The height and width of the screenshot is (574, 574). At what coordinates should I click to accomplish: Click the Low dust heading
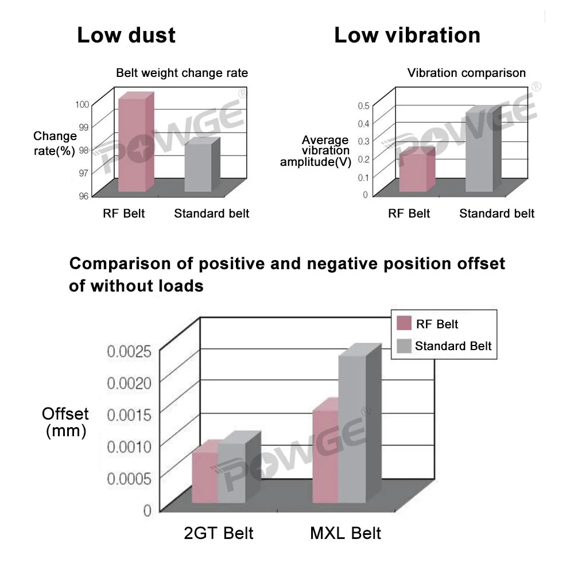coord(126,36)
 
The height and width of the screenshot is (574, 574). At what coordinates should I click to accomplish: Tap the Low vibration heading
coord(407,36)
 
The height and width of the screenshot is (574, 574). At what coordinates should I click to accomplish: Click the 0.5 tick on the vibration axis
coord(363,106)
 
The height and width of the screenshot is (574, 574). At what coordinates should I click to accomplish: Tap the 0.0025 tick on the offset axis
coord(129,351)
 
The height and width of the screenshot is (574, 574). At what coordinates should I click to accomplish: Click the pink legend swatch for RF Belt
coord(404,324)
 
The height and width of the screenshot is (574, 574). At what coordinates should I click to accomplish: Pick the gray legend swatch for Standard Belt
coord(404,346)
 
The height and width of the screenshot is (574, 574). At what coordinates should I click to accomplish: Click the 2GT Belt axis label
coord(219,533)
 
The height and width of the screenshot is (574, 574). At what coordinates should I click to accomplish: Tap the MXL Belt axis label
coord(346,533)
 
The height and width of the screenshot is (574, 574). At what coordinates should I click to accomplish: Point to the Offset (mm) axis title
coord(65,422)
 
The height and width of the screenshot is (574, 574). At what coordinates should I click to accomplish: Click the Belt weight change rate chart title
coord(182,73)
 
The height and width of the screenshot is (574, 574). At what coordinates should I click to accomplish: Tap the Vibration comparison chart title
coord(466,73)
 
